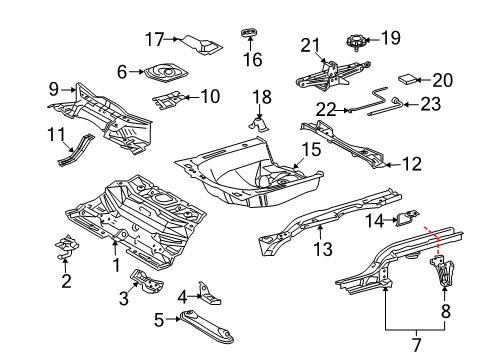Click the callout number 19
tap(390, 39)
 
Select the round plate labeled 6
tap(163, 73)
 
